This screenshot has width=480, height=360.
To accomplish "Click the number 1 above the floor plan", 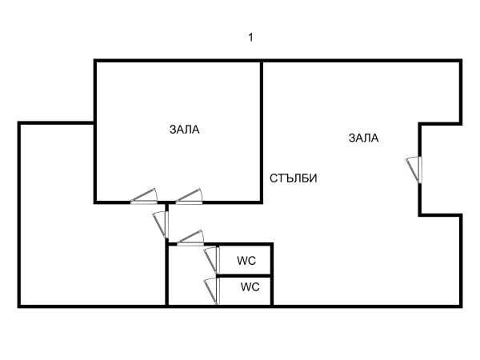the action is coord(250,38).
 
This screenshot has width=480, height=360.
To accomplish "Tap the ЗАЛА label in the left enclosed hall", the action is coord(185,130).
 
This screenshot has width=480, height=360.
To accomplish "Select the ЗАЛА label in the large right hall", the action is coord(364,138).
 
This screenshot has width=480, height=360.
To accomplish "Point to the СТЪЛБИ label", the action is coord(294,178).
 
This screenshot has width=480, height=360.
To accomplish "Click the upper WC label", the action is coord(246,261).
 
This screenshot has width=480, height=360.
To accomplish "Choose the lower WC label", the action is coord(250,287).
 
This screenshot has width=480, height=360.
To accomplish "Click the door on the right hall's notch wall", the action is coord(414,170).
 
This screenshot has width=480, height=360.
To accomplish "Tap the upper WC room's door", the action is coord(212,260).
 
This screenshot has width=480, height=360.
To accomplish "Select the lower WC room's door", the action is coord(212,291).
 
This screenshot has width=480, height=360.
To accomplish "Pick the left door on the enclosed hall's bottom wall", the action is coord(144,197).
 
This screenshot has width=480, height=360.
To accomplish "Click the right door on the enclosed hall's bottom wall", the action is coord(189,197).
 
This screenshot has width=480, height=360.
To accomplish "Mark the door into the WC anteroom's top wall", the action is coord(190,238).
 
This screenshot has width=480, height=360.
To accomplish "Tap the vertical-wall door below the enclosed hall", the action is coord(161,224).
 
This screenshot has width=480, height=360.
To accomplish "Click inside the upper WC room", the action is coord(244,261).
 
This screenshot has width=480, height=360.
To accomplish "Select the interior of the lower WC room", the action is coord(244,291).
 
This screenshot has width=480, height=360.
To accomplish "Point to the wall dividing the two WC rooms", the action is coord(244,276).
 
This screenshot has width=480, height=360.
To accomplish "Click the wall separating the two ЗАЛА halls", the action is coord(262,132).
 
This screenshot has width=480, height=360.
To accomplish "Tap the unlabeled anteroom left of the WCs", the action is coord(192,275).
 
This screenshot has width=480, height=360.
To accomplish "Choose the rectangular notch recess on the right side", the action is coord(441,170).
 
